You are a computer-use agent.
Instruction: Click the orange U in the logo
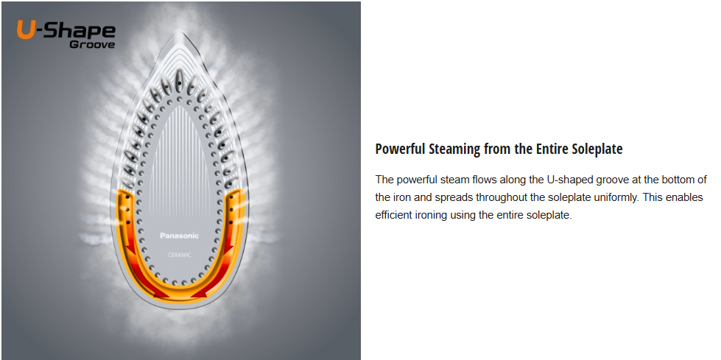[x=25, y=30]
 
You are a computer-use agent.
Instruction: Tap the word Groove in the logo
[x=92, y=45]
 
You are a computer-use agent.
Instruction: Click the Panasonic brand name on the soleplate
[x=180, y=236]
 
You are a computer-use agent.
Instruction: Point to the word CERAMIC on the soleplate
[x=180, y=255]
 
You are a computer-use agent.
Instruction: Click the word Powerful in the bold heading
[x=400, y=149]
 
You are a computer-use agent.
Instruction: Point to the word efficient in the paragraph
[x=392, y=215]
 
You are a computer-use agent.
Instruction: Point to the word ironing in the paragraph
[x=427, y=215]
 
